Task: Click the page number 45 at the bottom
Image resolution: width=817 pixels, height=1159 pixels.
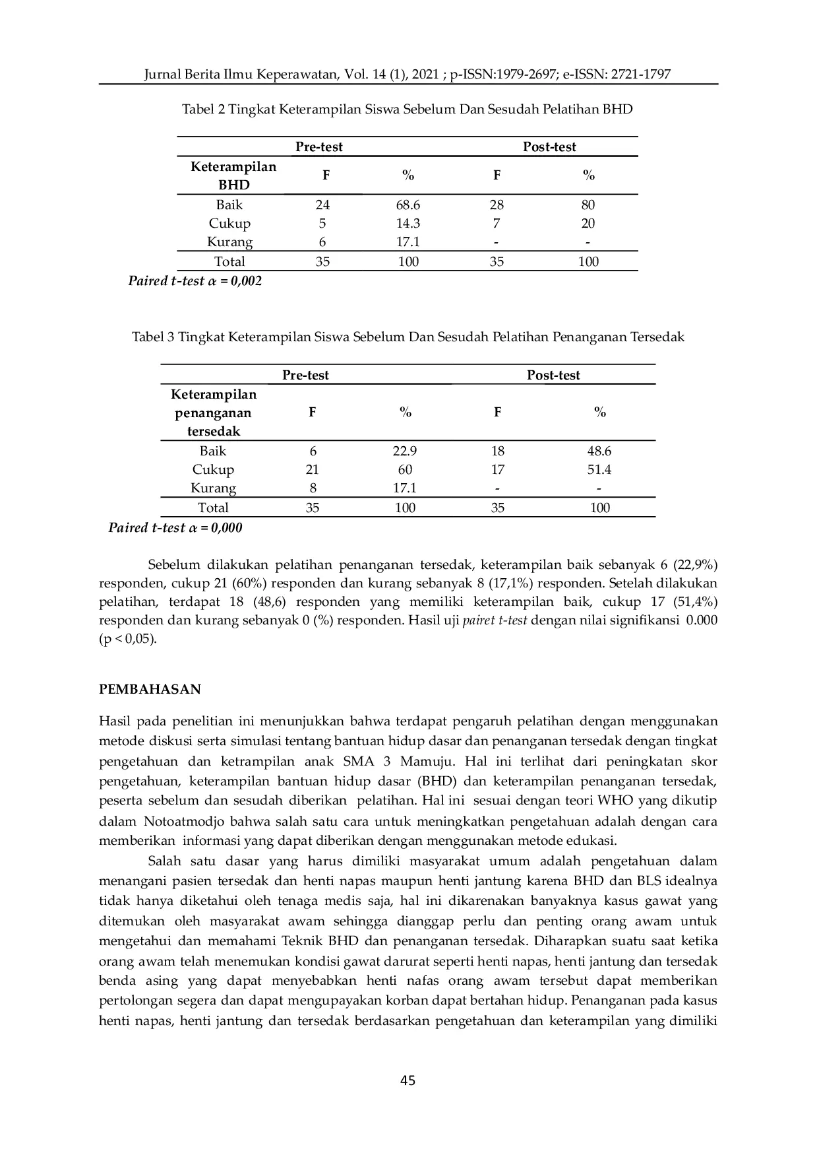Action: pyautogui.click(x=408, y=1080)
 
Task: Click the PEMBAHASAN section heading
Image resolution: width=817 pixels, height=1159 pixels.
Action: pyautogui.click(x=150, y=689)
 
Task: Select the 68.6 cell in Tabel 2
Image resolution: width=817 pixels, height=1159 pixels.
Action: pyautogui.click(x=408, y=205)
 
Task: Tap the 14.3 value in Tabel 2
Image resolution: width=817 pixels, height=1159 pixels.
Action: pyautogui.click(x=408, y=223)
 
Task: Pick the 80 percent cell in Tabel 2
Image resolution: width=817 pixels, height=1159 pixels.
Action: pyautogui.click(x=588, y=205)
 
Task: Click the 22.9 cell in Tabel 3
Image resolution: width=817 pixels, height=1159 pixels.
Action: pyautogui.click(x=405, y=451)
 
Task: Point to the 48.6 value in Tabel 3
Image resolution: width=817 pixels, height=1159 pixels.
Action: pyautogui.click(x=599, y=451)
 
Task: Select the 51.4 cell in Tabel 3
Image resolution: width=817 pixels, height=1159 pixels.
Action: pyautogui.click(x=599, y=469)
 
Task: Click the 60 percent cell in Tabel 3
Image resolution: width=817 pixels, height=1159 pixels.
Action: pyautogui.click(x=405, y=469)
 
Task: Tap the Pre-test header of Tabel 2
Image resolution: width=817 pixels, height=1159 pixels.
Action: pyautogui.click(x=319, y=147)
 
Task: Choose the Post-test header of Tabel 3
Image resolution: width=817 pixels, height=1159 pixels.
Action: pyautogui.click(x=553, y=375)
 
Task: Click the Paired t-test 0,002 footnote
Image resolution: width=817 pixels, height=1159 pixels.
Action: pyautogui.click(x=195, y=281)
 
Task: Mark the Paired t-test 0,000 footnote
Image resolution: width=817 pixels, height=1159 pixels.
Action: pyautogui.click(x=175, y=527)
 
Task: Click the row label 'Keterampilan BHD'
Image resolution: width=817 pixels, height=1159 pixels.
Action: pyautogui.click(x=233, y=176)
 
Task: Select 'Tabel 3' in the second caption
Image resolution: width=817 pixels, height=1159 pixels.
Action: pyautogui.click(x=154, y=337)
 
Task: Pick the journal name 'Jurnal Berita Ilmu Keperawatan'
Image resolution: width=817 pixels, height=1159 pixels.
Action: pyautogui.click(x=240, y=74)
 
